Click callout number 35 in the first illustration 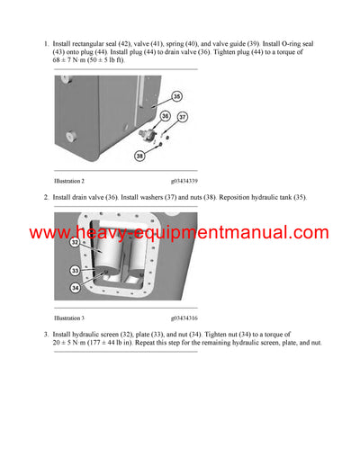pos(176,95)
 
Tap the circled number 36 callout pos(165,115)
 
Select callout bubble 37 pos(183,117)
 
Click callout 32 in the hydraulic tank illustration pos(74,242)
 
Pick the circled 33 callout pos(74,270)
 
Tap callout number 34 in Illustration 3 pos(74,288)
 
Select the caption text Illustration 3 pos(69,318)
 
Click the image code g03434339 pos(184,182)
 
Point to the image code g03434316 pos(184,318)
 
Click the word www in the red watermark pos(50,234)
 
